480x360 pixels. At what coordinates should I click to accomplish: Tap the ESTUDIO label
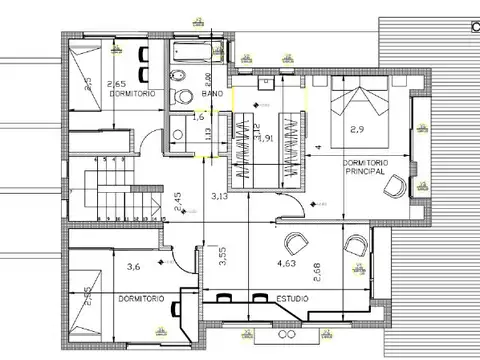pos(292,297)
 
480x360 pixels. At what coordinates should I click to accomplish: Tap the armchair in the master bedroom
pos(397,185)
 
